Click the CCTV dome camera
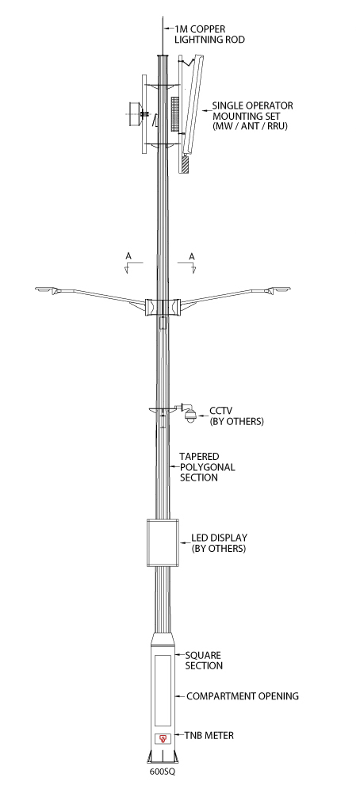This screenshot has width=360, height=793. click(x=190, y=416)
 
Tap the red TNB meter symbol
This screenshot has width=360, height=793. click(x=163, y=738)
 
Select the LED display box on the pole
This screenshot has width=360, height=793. click(x=163, y=542)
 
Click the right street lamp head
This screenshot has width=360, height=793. click(x=279, y=290)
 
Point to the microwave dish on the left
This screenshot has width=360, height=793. click(x=135, y=115)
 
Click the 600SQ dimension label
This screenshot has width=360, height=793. click(x=163, y=772)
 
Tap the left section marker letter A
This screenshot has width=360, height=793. click(x=128, y=256)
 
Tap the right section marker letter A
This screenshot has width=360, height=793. click(x=192, y=256)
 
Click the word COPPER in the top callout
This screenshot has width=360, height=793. click(x=208, y=29)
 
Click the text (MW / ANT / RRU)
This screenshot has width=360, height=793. click(x=250, y=126)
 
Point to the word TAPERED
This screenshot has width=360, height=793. click(x=200, y=457)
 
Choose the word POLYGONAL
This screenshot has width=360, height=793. click(x=208, y=467)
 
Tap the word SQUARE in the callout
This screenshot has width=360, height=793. click(x=203, y=656)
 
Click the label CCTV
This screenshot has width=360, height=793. click(x=221, y=411)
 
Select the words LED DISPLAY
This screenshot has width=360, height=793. click(x=219, y=538)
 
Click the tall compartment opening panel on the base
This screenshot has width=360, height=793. click(x=163, y=691)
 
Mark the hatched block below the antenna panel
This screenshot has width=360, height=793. click(x=185, y=163)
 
